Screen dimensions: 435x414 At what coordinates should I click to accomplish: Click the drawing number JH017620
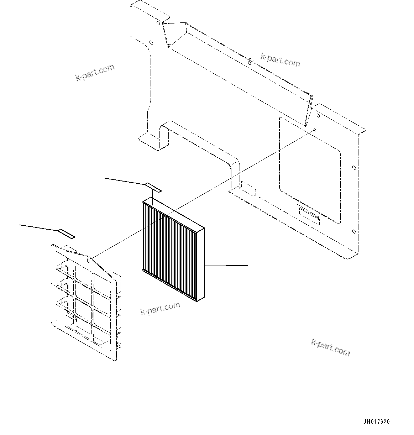[x=377, y=422]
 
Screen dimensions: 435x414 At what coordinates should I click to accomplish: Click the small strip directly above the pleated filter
[x=153, y=187]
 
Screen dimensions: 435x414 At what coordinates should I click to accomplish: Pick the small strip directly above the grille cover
[x=67, y=234]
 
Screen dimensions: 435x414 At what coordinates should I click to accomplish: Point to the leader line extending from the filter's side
[x=226, y=266]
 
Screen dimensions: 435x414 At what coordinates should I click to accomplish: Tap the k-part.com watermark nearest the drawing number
[x=330, y=347]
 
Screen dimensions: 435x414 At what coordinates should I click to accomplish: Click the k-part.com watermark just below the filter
[x=160, y=309]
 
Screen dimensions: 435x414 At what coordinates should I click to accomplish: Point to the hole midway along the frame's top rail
[x=250, y=63]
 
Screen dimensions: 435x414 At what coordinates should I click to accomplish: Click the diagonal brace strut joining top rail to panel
[x=308, y=111]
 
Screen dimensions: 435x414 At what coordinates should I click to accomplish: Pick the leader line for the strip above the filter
[x=125, y=181]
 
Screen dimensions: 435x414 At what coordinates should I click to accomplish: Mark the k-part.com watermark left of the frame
[x=95, y=72]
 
